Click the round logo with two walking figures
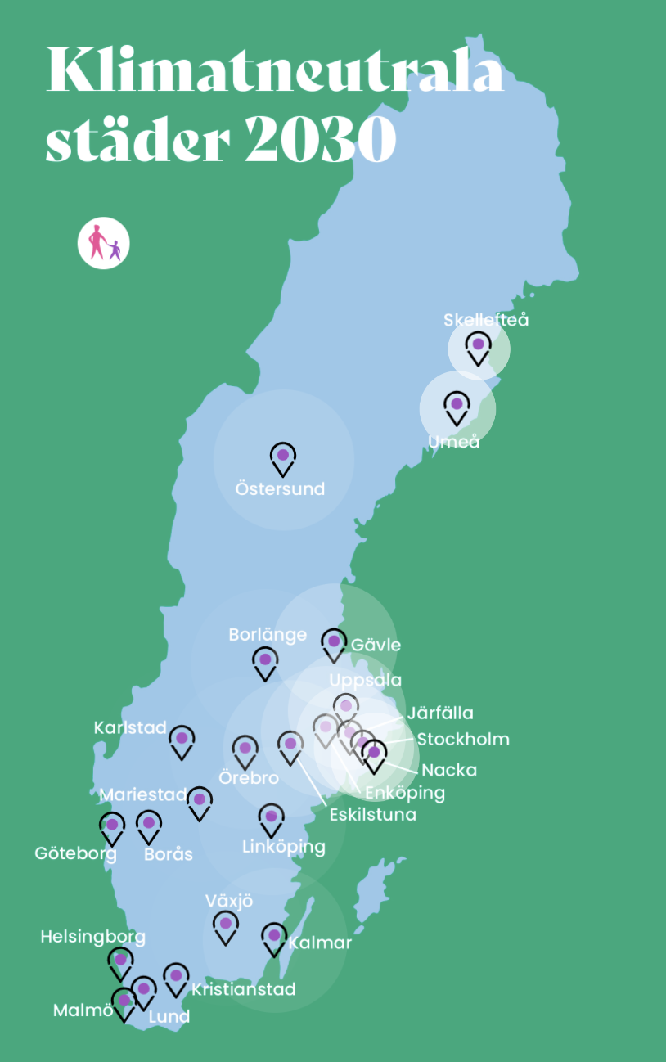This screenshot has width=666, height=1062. click(104, 243)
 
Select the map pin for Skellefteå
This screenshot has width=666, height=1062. click(479, 347)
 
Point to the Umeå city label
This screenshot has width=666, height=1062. click(453, 442)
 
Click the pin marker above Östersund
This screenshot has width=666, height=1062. click(283, 457)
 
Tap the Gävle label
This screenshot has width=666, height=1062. click(376, 645)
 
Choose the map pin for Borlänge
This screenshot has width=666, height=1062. click(264, 662)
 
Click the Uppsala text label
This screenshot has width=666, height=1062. click(366, 680)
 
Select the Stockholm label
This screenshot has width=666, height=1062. click(463, 740)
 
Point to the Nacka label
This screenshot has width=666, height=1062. click(449, 770)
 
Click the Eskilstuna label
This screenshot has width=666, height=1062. click(373, 814)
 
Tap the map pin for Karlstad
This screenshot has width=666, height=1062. click(182, 740)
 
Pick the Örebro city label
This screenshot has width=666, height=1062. click(249, 777)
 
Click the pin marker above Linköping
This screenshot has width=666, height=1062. click(271, 818)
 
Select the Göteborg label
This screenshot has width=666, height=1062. click(75, 853)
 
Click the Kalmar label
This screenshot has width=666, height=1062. click(320, 943)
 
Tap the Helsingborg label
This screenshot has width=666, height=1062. click(93, 937)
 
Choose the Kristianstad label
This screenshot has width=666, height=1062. click(243, 989)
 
